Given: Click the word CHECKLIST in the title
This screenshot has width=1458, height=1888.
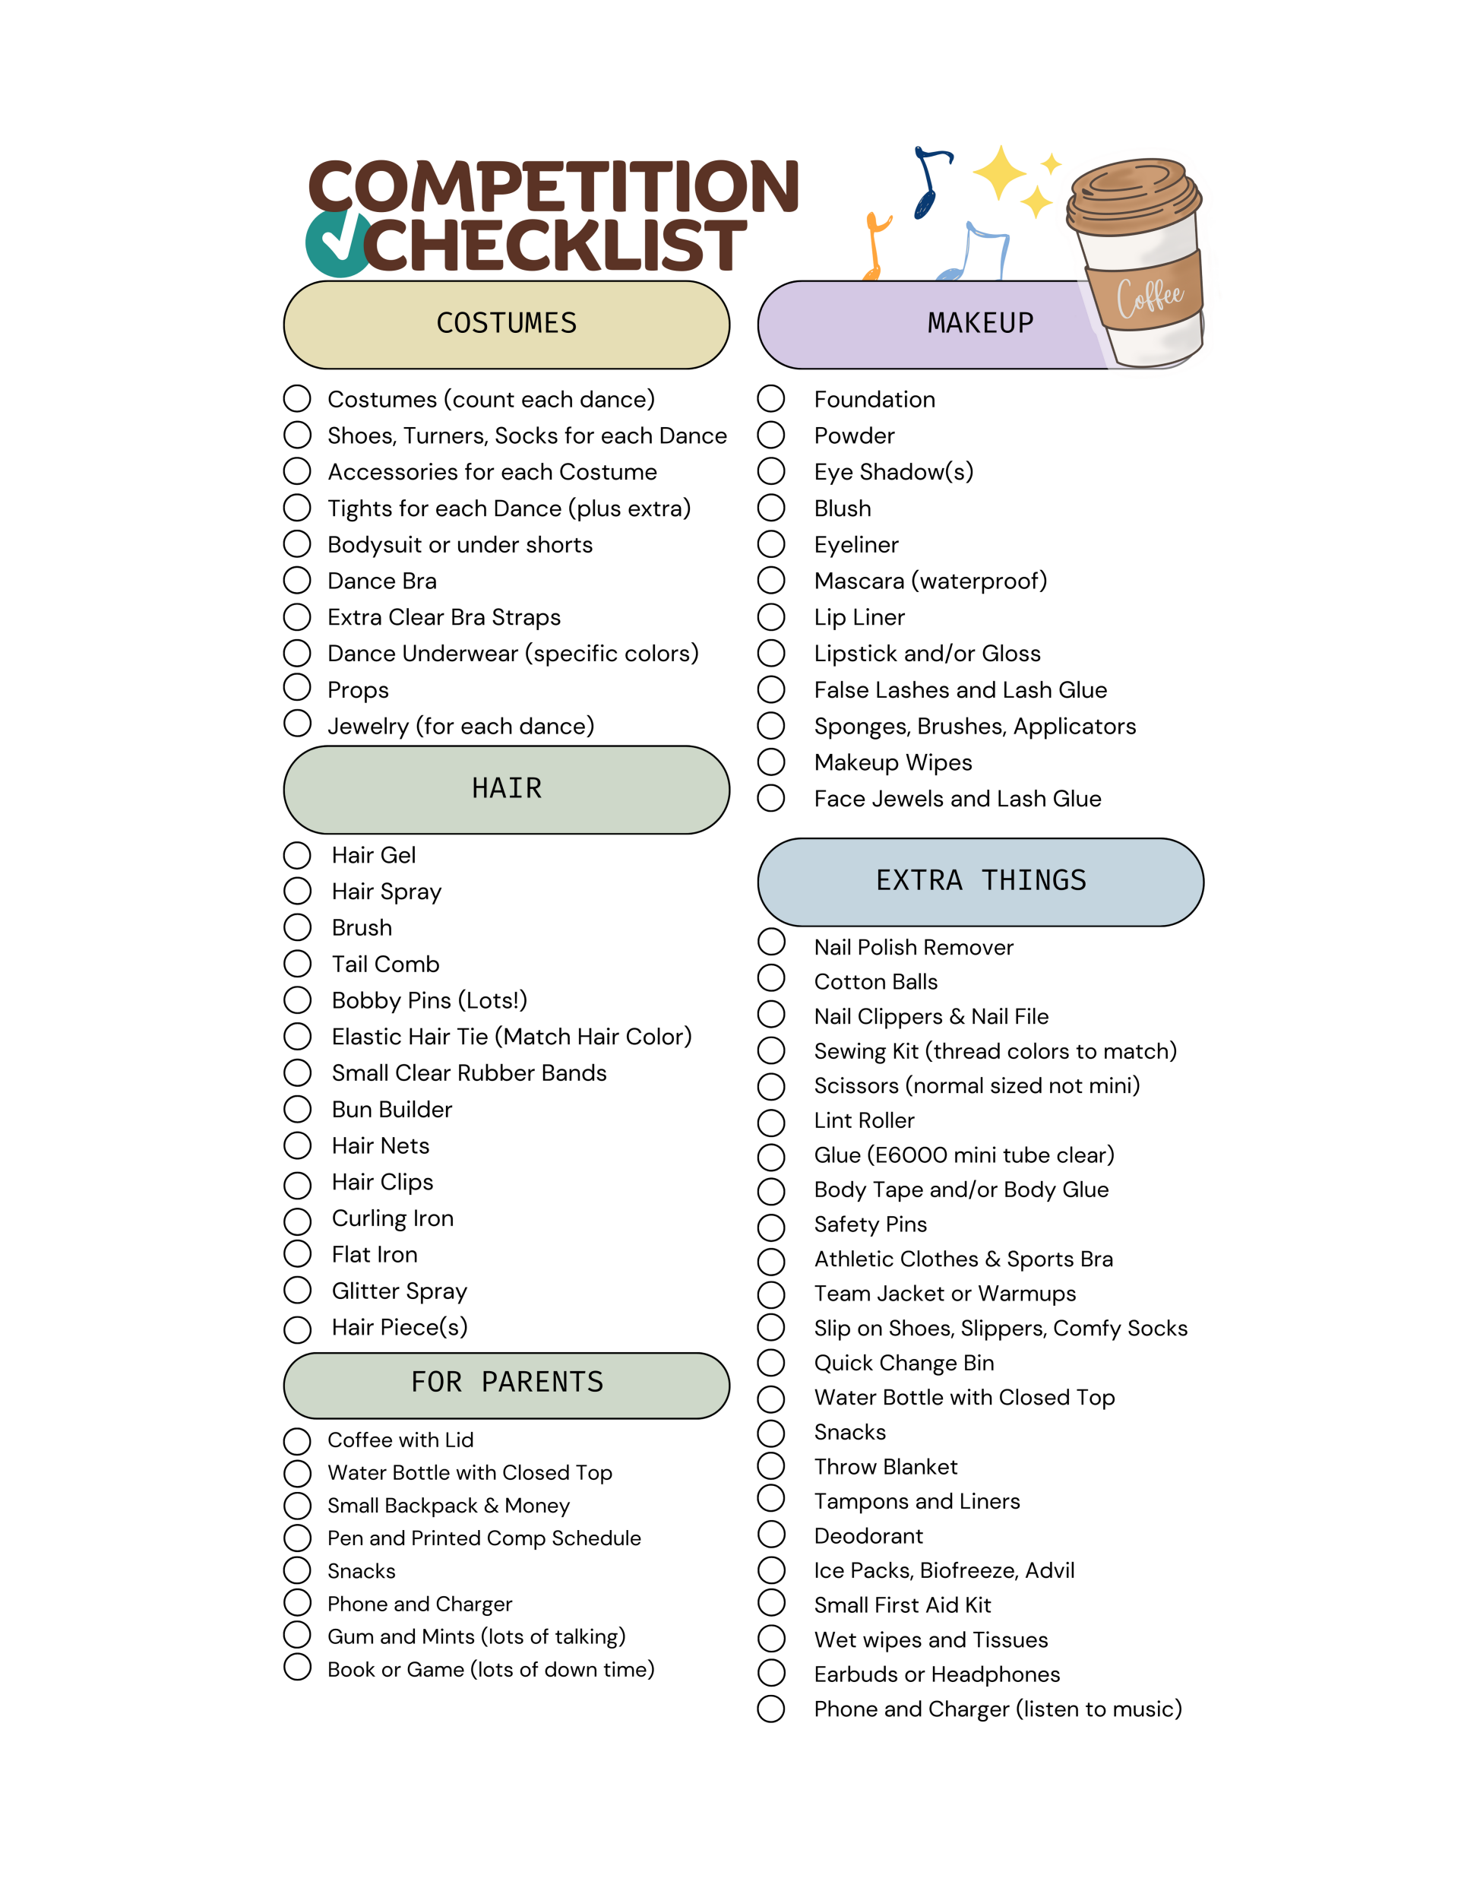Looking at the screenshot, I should pyautogui.click(x=555, y=246).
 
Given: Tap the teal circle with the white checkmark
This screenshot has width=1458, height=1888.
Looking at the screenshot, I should pyautogui.click(x=337, y=245).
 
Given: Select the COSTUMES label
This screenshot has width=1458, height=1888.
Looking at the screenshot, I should pyautogui.click(x=507, y=323).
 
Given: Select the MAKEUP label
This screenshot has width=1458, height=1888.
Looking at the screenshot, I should pyautogui.click(x=980, y=323).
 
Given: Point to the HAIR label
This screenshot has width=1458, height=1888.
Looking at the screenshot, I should pyautogui.click(x=507, y=788).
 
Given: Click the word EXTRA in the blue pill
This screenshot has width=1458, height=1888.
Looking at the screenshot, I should pyautogui.click(x=919, y=881).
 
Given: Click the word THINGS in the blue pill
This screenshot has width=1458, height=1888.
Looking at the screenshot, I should pyautogui.click(x=1033, y=881).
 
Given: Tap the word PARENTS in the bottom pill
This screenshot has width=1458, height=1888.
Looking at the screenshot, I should pyautogui.click(x=542, y=1383).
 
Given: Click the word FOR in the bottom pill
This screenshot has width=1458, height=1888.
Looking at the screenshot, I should pyautogui.click(x=435, y=1383).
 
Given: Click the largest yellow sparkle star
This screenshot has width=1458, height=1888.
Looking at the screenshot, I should pyautogui.click(x=999, y=173).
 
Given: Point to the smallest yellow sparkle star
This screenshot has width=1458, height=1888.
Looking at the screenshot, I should pyautogui.click(x=1051, y=163).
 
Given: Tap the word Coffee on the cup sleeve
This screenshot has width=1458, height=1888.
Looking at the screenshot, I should pyautogui.click(x=1150, y=298).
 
